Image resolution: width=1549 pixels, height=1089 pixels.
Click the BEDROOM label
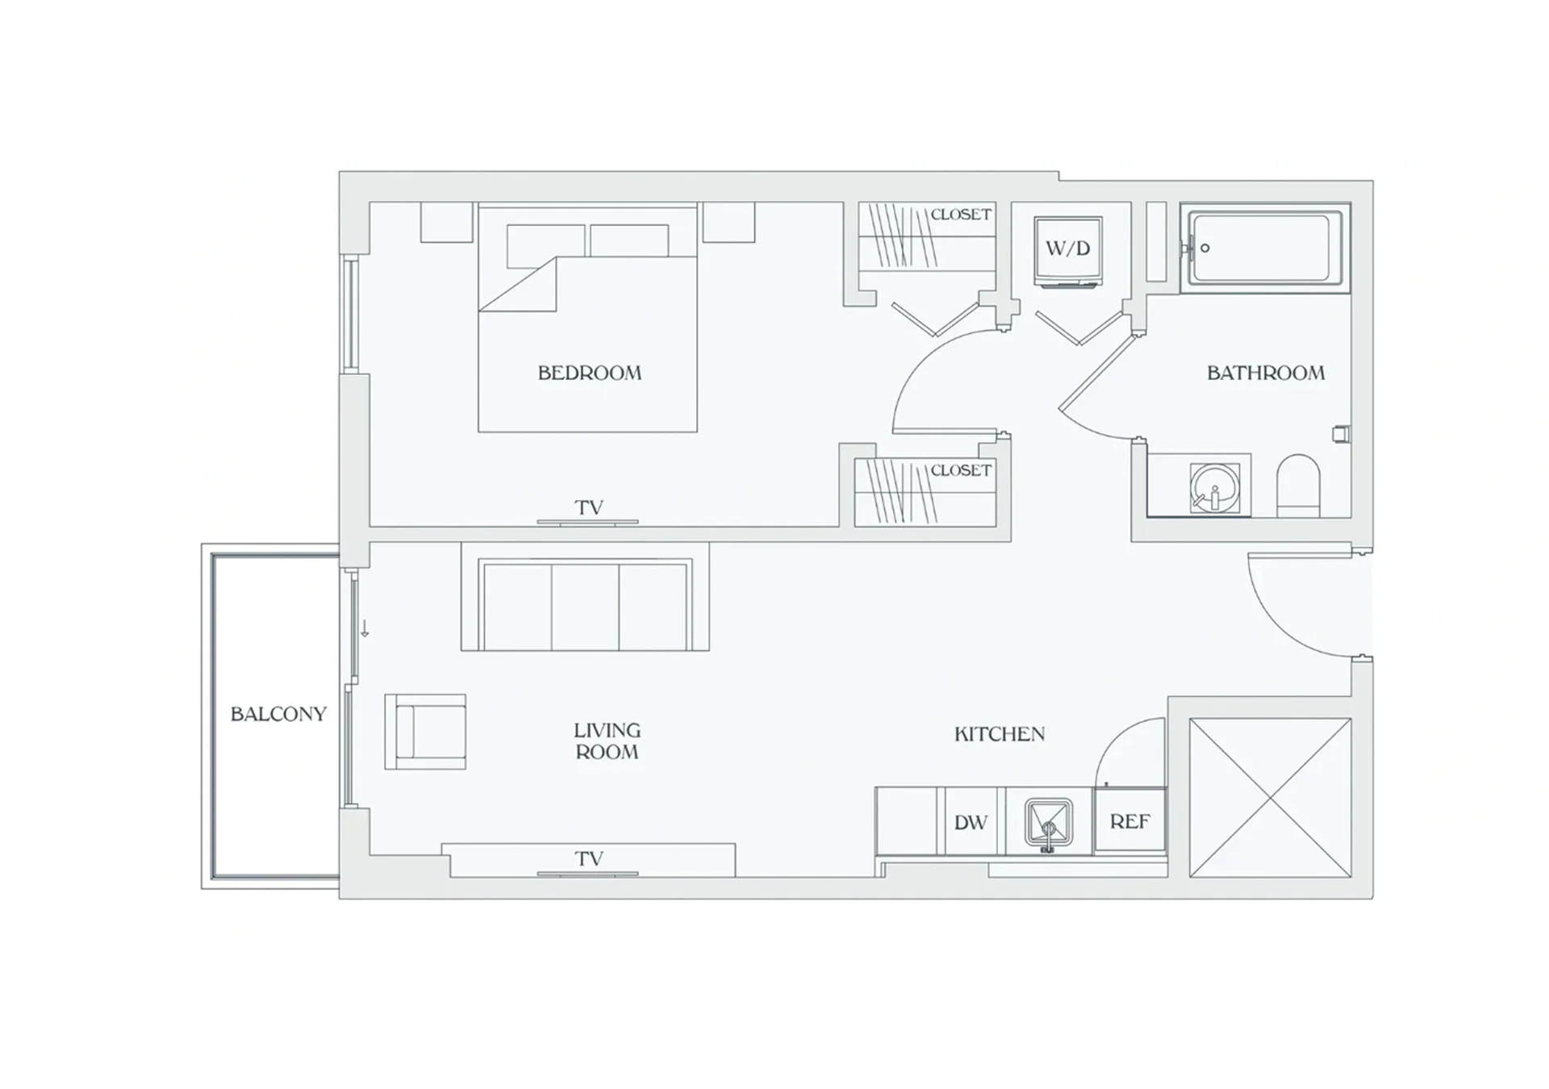pos(590,373)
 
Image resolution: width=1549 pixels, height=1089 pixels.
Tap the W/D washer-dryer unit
pos(1068,251)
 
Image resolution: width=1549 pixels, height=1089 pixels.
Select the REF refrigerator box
pos(1129,821)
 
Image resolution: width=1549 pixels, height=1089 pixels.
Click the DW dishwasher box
pos(971,822)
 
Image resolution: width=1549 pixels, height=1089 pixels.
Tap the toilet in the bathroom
pos(1298,486)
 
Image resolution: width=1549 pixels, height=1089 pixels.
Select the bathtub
pos(1265,248)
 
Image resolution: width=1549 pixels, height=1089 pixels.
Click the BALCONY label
pos(278,714)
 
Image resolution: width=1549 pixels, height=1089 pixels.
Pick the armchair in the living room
pos(425,732)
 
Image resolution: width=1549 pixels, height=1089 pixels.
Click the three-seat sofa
pos(585,596)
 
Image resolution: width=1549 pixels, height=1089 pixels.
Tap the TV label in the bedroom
pos(589,507)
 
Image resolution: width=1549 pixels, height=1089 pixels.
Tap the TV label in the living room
pos(589,858)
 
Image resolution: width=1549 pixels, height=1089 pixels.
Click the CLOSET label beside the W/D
pos(961,215)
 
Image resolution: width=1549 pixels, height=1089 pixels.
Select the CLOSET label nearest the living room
pos(961,470)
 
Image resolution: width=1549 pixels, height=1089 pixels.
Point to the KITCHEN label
pos(1000,734)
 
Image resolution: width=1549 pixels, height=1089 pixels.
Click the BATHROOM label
pos(1266,373)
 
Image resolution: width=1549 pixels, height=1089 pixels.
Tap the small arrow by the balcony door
pos(365,629)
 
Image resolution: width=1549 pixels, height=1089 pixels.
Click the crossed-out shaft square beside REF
pos(1271,798)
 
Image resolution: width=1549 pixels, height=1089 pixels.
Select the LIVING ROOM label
pos(607,741)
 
